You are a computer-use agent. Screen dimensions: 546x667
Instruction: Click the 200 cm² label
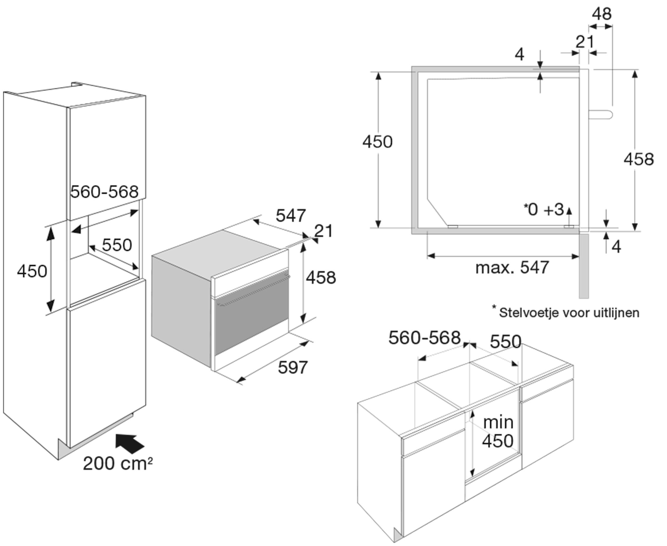pyautogui.click(x=118, y=464)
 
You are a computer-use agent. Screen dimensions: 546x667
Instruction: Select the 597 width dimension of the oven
pyautogui.click(x=292, y=367)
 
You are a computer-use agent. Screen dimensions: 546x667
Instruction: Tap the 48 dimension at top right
pyautogui.click(x=602, y=14)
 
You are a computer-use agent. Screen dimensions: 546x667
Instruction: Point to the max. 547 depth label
pyautogui.click(x=512, y=268)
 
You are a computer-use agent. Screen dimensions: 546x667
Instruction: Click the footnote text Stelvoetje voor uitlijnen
pyautogui.click(x=569, y=313)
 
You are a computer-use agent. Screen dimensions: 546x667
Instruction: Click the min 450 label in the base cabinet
pyautogui.click(x=498, y=432)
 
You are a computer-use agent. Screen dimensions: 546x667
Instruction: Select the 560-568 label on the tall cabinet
pyautogui.click(x=104, y=192)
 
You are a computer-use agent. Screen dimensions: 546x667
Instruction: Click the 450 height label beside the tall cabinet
pyautogui.click(x=32, y=271)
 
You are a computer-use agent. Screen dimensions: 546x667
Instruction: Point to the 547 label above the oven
pyautogui.click(x=291, y=216)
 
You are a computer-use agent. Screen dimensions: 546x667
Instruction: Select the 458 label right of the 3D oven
pyautogui.click(x=321, y=278)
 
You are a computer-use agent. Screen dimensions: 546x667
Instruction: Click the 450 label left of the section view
pyautogui.click(x=377, y=142)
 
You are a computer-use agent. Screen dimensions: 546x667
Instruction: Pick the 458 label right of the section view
pyautogui.click(x=639, y=159)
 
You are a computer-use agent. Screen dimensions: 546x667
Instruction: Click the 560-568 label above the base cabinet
pyautogui.click(x=424, y=338)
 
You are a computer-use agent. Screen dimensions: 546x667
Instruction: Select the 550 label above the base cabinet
pyautogui.click(x=506, y=342)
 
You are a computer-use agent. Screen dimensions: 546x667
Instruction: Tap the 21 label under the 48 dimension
pyautogui.click(x=585, y=42)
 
